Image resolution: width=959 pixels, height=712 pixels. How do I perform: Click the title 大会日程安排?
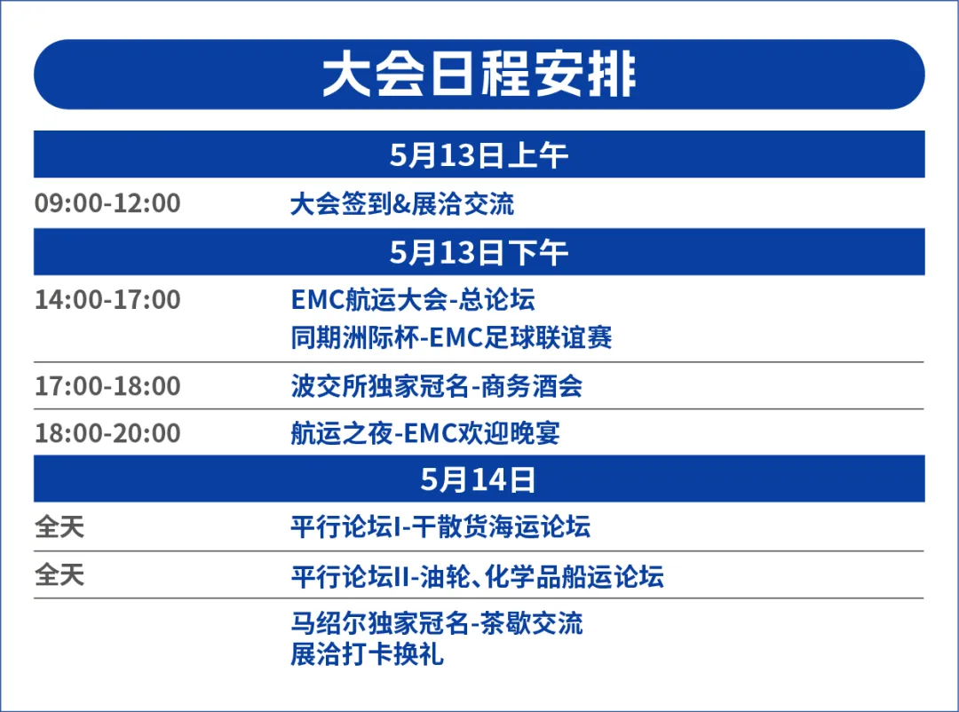pyautogui.click(x=479, y=75)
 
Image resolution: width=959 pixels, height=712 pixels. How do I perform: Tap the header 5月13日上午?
pyautogui.click(x=479, y=155)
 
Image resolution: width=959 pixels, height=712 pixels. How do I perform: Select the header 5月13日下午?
pyautogui.click(x=479, y=253)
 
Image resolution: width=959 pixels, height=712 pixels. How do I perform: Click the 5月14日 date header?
pyautogui.click(x=479, y=479)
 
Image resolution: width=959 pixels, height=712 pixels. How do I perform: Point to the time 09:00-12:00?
pyautogui.click(x=107, y=203)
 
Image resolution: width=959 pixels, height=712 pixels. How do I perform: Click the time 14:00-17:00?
pyautogui.click(x=107, y=300)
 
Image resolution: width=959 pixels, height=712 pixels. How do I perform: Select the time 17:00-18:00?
pyautogui.click(x=107, y=386)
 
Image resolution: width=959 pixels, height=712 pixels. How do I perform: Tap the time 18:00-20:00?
pyautogui.click(x=107, y=433)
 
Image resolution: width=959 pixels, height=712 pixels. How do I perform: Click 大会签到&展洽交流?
pyautogui.click(x=402, y=204)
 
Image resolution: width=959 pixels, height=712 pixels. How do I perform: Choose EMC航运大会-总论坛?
pyautogui.click(x=413, y=300)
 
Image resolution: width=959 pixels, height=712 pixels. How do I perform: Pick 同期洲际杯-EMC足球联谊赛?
pyautogui.click(x=451, y=338)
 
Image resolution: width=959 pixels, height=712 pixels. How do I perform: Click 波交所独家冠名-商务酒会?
pyautogui.click(x=436, y=386)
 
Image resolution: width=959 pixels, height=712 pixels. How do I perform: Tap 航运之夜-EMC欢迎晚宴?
pyautogui.click(x=425, y=433)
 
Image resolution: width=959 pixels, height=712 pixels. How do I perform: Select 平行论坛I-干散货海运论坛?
pyautogui.click(x=440, y=527)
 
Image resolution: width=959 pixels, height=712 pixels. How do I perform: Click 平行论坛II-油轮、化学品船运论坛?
pyautogui.click(x=477, y=577)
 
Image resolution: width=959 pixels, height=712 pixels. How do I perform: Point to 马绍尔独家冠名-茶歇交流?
pyautogui.click(x=437, y=623)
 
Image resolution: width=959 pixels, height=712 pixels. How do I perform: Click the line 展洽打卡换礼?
pyautogui.click(x=367, y=655)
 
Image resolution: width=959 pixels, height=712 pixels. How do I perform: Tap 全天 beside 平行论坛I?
pyautogui.click(x=59, y=527)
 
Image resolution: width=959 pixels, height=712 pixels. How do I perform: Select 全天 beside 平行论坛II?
pyautogui.click(x=59, y=575)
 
